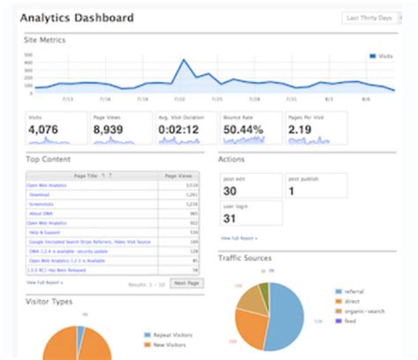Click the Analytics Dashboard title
coord(77,18)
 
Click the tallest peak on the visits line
coord(184,60)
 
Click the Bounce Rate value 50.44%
coord(243,130)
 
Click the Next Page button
coord(185,282)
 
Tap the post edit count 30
coord(229,191)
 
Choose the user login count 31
coord(230,219)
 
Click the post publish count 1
coord(292,191)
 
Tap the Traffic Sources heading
coord(246,259)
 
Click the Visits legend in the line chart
coord(382,55)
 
